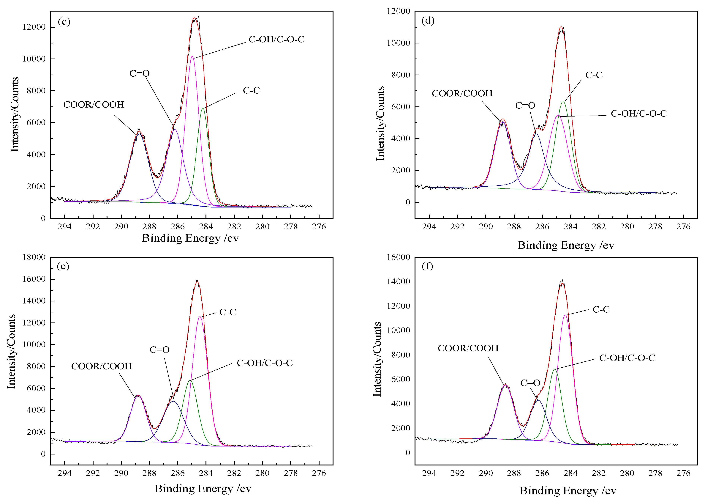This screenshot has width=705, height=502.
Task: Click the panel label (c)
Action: click(64, 22)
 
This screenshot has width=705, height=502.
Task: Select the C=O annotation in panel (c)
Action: click(139, 74)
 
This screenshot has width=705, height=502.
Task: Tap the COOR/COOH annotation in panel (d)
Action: click(462, 93)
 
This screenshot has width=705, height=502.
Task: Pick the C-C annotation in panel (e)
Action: click(228, 312)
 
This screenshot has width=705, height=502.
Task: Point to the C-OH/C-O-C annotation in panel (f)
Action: click(627, 358)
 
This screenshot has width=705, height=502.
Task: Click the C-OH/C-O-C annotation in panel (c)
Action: click(276, 40)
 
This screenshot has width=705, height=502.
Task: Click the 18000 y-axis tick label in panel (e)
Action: click(34, 257)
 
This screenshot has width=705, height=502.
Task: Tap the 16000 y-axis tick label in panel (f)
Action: click(399, 257)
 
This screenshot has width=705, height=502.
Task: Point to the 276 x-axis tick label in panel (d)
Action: click(683, 227)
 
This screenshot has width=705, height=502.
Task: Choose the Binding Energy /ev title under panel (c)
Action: click(190, 238)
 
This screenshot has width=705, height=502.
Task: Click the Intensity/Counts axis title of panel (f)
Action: click(377, 359)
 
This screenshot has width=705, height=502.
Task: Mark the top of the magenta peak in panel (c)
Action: click(192, 56)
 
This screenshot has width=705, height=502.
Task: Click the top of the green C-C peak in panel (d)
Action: click(563, 102)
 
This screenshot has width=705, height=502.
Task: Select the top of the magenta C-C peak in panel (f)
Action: click(565, 315)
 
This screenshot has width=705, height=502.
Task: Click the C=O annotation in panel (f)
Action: click(530, 383)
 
